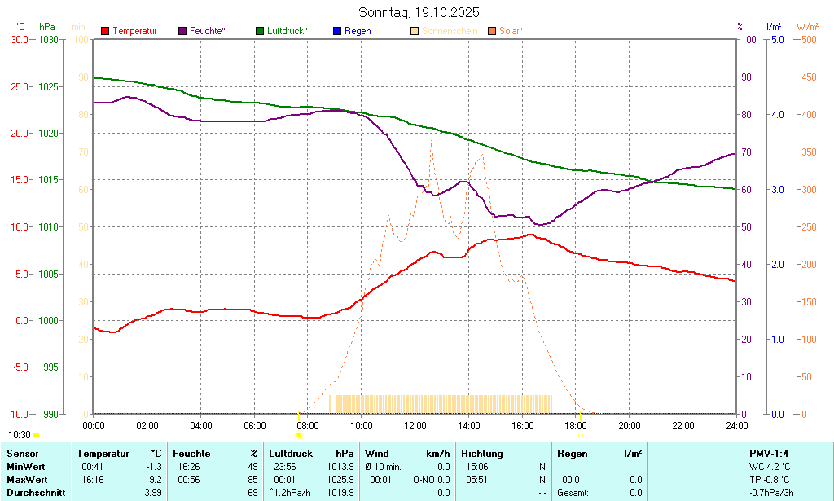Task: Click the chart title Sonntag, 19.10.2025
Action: coord(419,12)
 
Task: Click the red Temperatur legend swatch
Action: coord(105,31)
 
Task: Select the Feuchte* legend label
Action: coord(207,31)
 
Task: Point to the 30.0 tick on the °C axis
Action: coord(18,39)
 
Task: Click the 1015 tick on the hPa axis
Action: coord(49,180)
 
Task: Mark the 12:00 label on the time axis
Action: coord(415,425)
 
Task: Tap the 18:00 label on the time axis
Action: coord(576,425)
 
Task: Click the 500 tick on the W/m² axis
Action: coord(807,39)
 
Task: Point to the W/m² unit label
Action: coord(807,26)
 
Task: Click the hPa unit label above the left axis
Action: coord(47,26)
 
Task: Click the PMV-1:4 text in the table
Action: coord(768,454)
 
